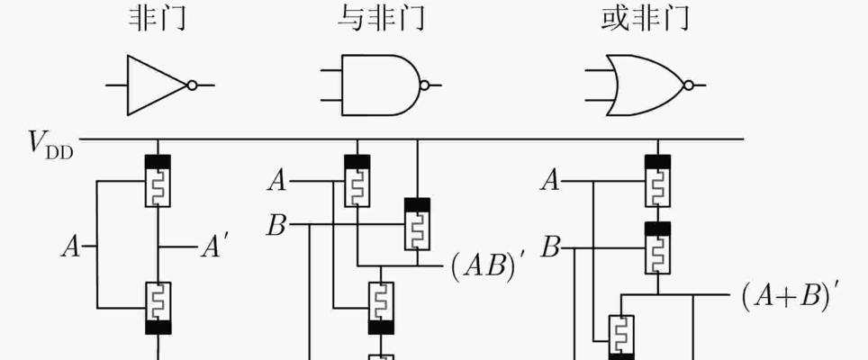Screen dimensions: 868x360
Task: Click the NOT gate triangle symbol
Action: pyautogui.click(x=157, y=85)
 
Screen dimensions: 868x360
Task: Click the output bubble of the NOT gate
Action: pyautogui.click(x=192, y=85)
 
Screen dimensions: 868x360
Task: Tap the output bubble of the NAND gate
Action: pyautogui.click(x=425, y=85)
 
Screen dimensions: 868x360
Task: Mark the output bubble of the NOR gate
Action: pyautogui.click(x=689, y=85)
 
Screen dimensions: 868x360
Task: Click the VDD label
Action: pyautogui.click(x=50, y=146)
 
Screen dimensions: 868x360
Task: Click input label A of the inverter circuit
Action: pyautogui.click(x=71, y=247)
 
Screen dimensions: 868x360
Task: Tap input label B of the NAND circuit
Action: pyautogui.click(x=276, y=226)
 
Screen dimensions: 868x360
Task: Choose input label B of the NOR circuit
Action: pyautogui.click(x=550, y=248)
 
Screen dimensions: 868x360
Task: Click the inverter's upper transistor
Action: pyautogui.click(x=158, y=181)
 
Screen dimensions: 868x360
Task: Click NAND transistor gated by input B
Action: pyautogui.click(x=417, y=224)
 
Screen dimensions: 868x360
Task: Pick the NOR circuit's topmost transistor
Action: pyautogui.click(x=657, y=181)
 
